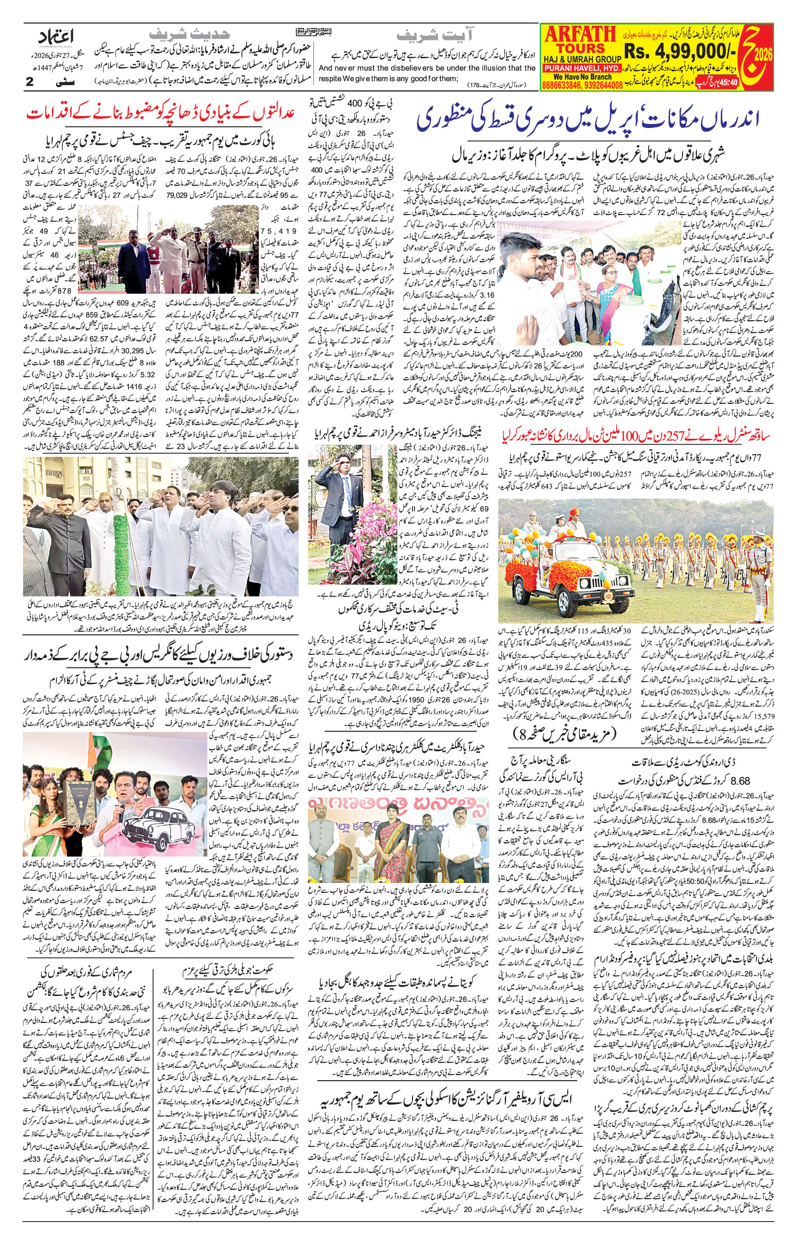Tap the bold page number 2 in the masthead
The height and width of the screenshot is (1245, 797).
click(29, 82)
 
